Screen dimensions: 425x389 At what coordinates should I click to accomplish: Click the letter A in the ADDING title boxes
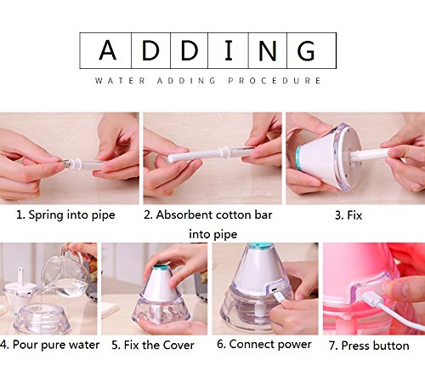pyautogui.click(x=107, y=50)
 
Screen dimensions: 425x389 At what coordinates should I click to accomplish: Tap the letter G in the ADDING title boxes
pyautogui.click(x=306, y=50)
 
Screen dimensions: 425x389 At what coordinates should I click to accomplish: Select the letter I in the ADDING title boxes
pyautogui.click(x=229, y=50)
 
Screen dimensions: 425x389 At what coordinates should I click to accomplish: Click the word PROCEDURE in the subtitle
pyautogui.click(x=275, y=81)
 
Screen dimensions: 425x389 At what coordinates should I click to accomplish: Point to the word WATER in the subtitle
pyautogui.click(x=121, y=81)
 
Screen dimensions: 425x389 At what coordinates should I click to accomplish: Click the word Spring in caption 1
pyautogui.click(x=46, y=215)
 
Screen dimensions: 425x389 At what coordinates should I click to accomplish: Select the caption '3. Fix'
pyautogui.click(x=348, y=215)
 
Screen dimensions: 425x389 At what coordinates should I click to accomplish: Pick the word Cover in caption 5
pyautogui.click(x=178, y=345)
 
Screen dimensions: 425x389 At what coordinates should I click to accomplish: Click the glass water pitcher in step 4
pyautogui.click(x=66, y=277)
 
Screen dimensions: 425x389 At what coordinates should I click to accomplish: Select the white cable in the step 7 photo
pyautogui.click(x=390, y=311)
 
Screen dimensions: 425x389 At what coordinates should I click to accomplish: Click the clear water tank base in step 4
pyautogui.click(x=42, y=318)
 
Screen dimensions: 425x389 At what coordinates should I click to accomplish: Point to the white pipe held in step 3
pyautogui.click(x=370, y=154)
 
